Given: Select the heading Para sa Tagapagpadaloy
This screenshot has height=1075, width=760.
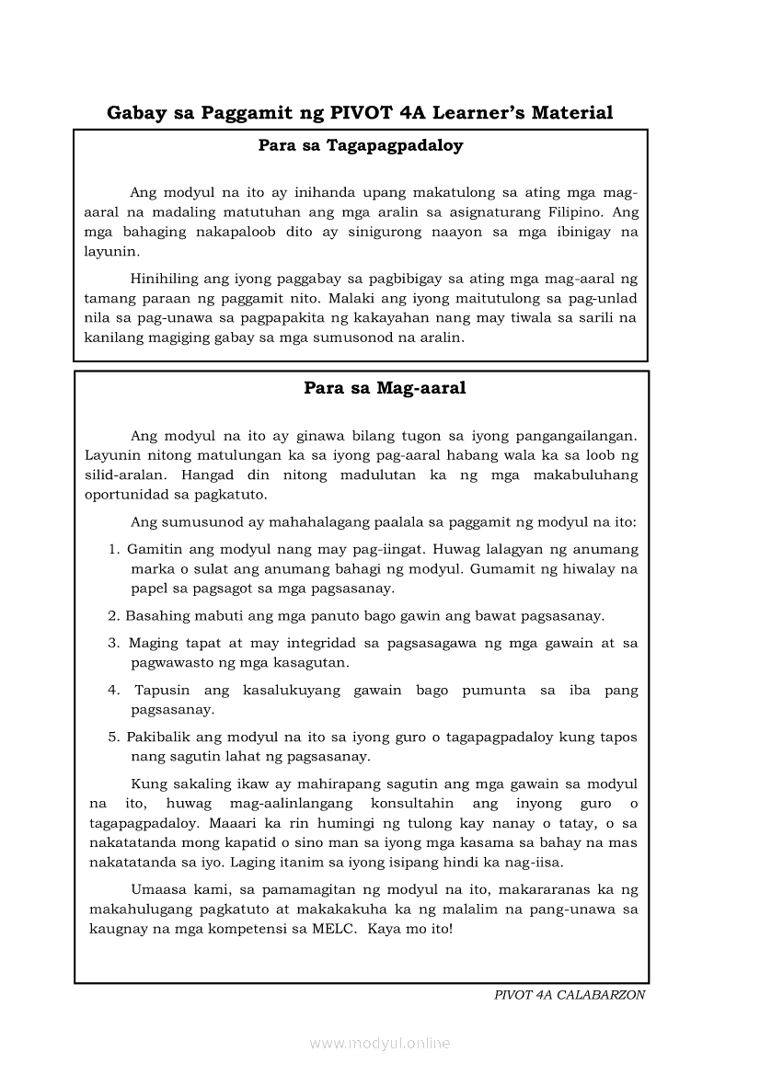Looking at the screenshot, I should [361, 145].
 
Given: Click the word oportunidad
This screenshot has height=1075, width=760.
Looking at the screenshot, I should [128, 494].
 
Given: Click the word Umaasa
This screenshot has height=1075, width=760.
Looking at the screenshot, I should [159, 890].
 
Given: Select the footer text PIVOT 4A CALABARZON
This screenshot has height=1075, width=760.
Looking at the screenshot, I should [570, 995].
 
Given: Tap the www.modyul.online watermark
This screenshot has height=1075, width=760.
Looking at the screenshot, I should [380, 1043].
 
